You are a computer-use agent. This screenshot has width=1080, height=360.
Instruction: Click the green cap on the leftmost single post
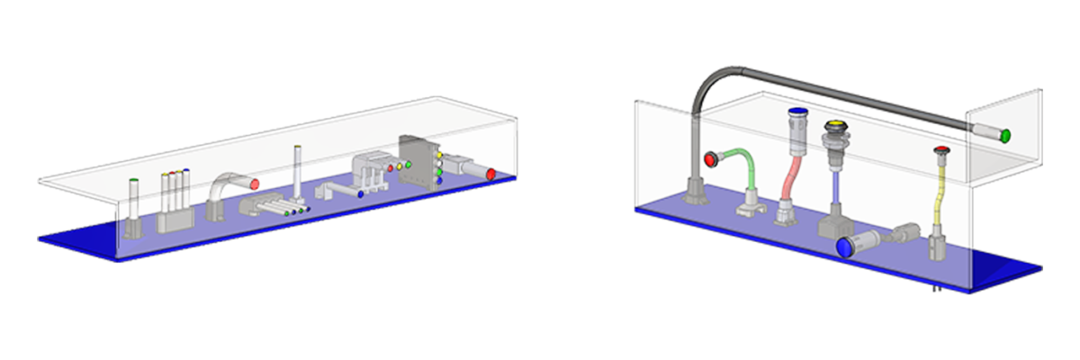point(134,181)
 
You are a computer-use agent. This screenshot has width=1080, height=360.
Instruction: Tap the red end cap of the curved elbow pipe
point(255,184)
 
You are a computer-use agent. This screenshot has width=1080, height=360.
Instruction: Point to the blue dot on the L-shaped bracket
point(360,193)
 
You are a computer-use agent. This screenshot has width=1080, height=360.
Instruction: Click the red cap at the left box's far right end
point(491,173)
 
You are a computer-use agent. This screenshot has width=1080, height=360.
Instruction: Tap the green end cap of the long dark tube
point(1005,136)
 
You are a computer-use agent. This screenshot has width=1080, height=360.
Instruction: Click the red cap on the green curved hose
point(710,160)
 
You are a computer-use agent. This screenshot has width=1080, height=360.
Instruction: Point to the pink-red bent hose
point(791,175)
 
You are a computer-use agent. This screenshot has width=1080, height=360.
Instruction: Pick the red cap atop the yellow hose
point(941,149)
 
